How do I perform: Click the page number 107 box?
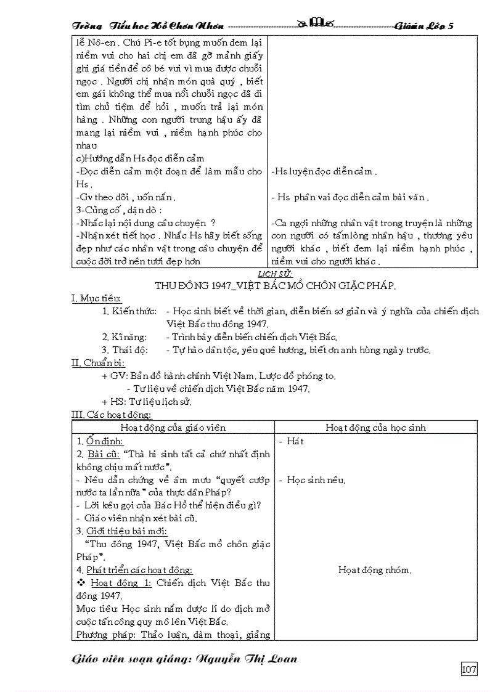(x=469, y=669)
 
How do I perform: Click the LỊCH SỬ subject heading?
(x=274, y=274)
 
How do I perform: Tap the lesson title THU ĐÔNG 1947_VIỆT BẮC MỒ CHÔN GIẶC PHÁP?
(x=274, y=285)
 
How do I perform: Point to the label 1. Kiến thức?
(x=129, y=312)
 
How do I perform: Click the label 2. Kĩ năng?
(x=125, y=337)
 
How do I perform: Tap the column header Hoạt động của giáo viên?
(x=173, y=428)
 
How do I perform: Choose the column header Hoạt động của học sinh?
(x=375, y=428)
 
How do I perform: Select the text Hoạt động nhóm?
(x=375, y=570)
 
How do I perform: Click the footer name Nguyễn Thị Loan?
(x=246, y=659)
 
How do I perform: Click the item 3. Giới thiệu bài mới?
(x=121, y=531)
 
